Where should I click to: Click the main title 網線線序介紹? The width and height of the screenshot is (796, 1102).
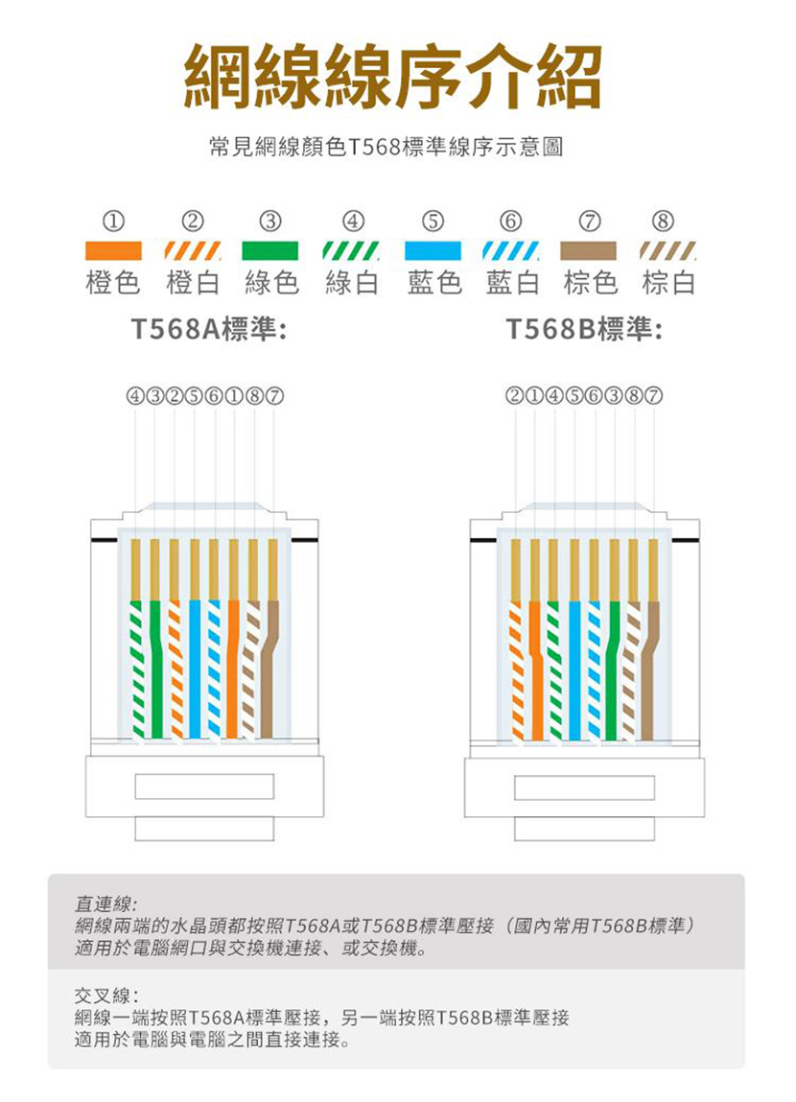393,77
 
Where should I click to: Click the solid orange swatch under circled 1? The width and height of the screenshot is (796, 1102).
113,250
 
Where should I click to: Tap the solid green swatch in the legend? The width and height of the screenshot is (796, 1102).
269,250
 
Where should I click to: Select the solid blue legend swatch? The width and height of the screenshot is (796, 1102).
433,250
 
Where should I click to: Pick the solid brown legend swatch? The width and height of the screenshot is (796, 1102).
588,250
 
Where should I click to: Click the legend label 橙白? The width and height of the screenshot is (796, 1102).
193,283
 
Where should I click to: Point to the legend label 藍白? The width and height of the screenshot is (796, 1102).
512,283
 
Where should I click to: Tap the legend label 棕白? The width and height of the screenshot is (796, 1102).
668,283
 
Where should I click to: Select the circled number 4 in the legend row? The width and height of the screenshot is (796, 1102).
353,222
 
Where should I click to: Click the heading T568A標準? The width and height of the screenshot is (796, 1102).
209,328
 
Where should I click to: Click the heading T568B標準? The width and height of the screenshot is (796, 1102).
584,328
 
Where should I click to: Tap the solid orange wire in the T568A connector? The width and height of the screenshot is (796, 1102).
232,669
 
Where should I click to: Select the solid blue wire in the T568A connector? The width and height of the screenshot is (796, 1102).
194,669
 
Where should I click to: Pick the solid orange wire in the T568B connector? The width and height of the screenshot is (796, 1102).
537,669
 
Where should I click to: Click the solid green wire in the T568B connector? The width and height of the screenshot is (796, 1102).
613,669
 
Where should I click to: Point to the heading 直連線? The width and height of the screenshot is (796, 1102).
106,903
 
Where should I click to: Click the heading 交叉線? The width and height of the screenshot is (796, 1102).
106,996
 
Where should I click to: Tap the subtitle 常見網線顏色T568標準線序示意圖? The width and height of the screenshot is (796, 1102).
386,147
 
